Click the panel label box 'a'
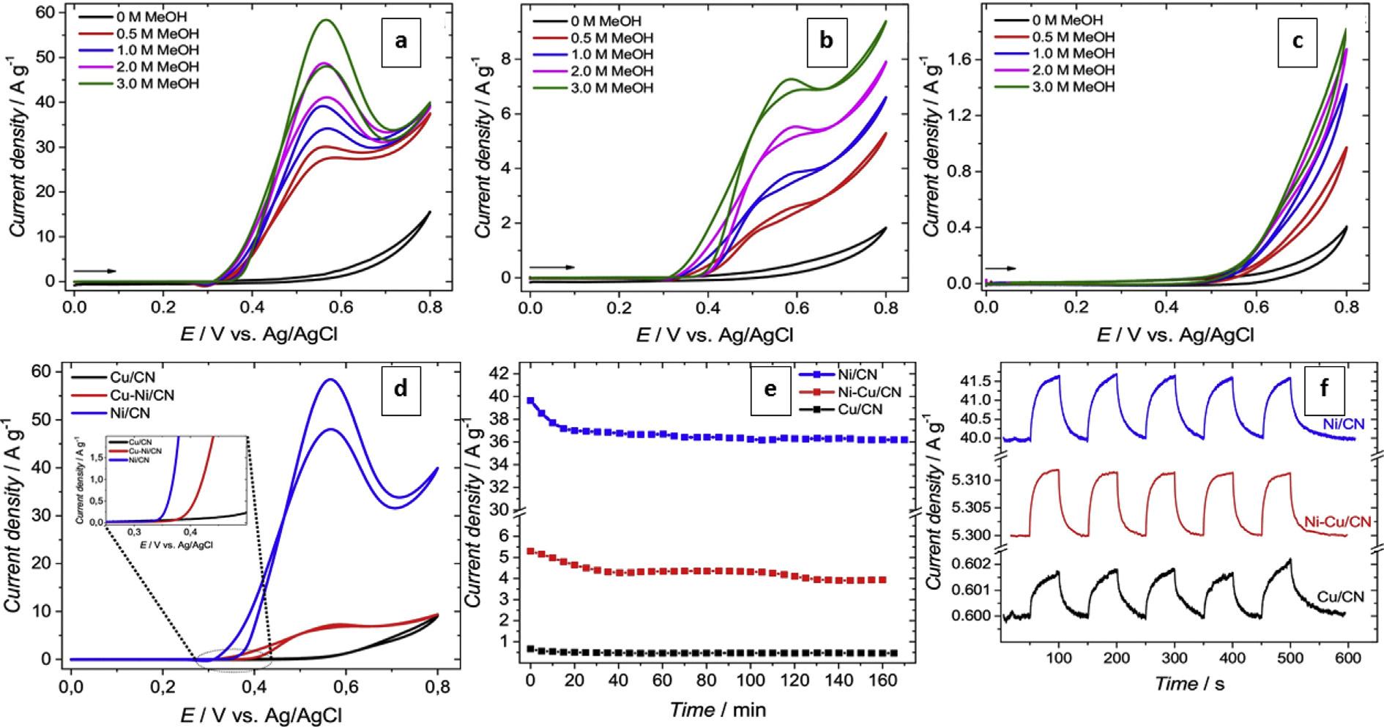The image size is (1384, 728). (x=400, y=41)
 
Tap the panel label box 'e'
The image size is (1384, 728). (x=770, y=389)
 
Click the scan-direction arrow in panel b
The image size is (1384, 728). (x=552, y=267)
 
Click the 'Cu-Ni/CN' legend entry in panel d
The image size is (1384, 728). (x=123, y=395)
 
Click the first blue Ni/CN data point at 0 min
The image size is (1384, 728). (x=531, y=401)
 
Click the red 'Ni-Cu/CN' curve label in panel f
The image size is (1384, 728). (x=1338, y=521)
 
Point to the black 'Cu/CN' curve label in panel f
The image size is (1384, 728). (x=1340, y=597)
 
